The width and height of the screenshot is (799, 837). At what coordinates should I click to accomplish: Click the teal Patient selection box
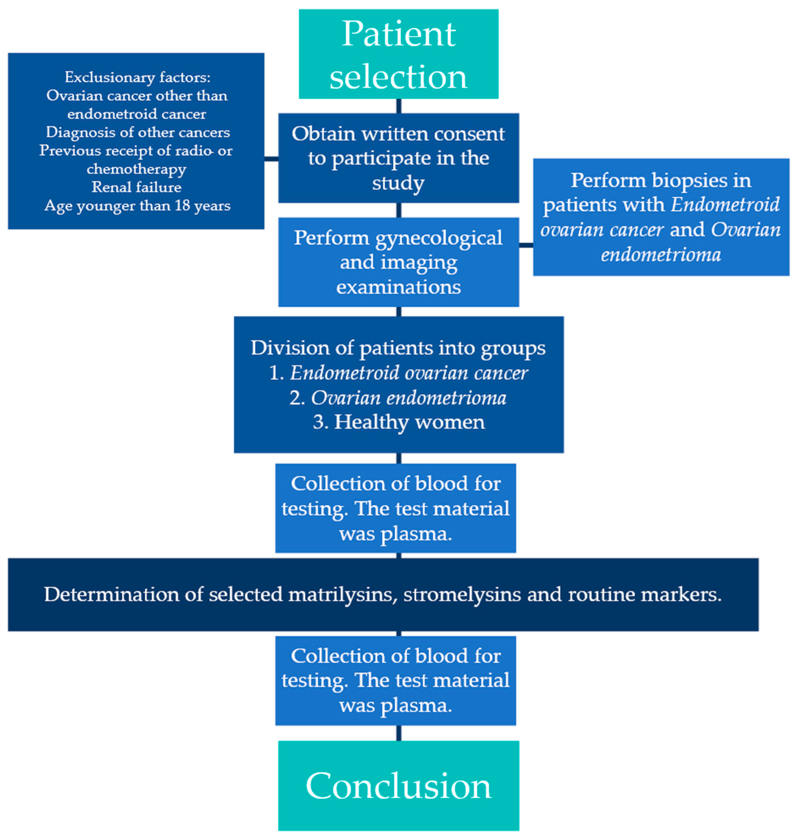[x=398, y=54]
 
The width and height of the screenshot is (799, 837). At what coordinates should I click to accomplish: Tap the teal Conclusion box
[x=398, y=786]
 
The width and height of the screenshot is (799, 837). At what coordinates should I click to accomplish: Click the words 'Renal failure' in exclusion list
[x=136, y=187]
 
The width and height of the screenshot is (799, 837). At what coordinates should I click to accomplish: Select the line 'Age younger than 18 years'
[x=137, y=206]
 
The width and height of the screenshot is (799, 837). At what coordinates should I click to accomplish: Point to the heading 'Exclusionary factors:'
[x=137, y=77]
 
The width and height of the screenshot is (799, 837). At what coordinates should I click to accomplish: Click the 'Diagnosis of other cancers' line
[x=137, y=132]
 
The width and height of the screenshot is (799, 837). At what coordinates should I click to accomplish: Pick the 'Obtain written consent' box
[x=398, y=158]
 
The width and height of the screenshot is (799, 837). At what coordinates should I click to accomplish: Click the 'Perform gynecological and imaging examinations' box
[x=398, y=262]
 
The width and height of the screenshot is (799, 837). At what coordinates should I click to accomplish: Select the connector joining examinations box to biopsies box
[x=526, y=245]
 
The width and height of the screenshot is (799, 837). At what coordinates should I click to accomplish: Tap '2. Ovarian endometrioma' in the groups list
[x=398, y=398]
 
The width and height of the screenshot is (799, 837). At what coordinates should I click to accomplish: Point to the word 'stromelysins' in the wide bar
[x=462, y=595]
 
